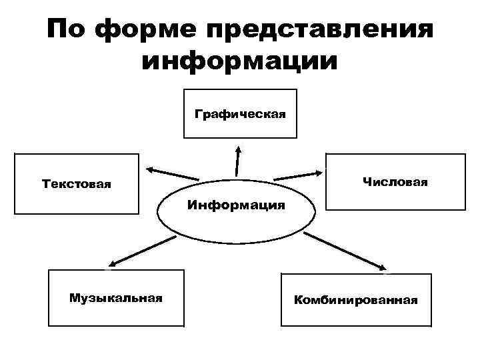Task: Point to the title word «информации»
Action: coord(241,62)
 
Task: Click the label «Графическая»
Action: coord(240,113)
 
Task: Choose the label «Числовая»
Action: coord(395,181)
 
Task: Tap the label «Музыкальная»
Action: coord(116,297)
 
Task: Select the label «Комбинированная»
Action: coord(356,300)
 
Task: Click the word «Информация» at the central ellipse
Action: coord(236,205)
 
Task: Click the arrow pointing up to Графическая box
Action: coord(237,160)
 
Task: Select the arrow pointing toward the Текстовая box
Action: coord(173,174)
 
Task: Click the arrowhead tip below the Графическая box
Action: coord(237,147)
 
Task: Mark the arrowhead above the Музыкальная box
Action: coord(111,265)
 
